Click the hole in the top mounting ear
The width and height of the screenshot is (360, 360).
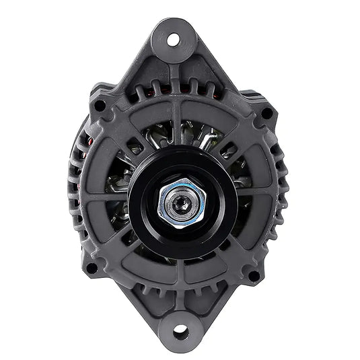(x=174, y=39)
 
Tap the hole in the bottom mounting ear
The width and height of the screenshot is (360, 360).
(x=180, y=332)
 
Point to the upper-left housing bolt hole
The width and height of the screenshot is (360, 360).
(x=100, y=106)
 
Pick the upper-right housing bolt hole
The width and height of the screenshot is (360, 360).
(x=267, y=113)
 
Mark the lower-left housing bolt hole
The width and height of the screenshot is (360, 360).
(x=92, y=267)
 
